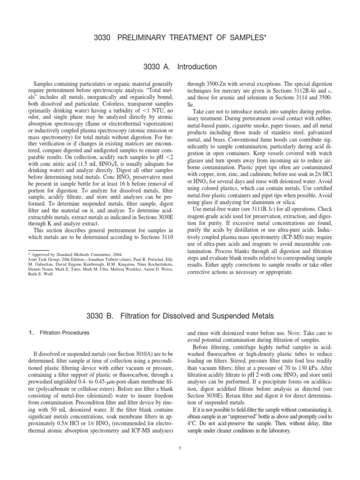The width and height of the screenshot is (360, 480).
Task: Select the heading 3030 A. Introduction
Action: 180,67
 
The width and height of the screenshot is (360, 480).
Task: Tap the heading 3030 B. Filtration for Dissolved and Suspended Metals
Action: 180,315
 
